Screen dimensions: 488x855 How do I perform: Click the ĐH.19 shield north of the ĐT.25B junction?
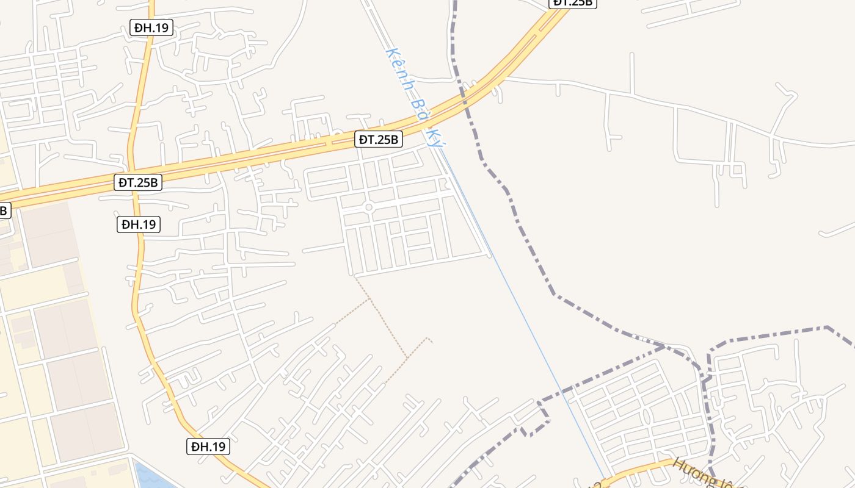pyautogui.click(x=151, y=27)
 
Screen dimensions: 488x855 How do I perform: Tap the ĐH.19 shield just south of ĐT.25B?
pyautogui.click(x=139, y=224)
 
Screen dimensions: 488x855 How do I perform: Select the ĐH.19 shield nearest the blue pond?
pyautogui.click(x=208, y=447)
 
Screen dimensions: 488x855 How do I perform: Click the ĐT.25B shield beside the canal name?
pyautogui.click(x=379, y=140)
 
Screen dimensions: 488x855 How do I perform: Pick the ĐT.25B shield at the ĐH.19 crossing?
pyautogui.click(x=139, y=182)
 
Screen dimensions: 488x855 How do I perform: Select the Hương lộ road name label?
pyautogui.click(x=702, y=473)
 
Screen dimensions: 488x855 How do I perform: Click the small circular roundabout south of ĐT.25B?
pyautogui.click(x=368, y=207)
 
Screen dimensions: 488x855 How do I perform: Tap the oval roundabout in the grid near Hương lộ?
pyautogui.click(x=646, y=417)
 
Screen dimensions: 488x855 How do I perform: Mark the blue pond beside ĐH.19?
pyautogui.click(x=150, y=476)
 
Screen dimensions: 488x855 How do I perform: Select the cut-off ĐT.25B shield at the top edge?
pyautogui.click(x=573, y=3)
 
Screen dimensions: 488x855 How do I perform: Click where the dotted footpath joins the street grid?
pyautogui.click(x=355, y=276)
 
